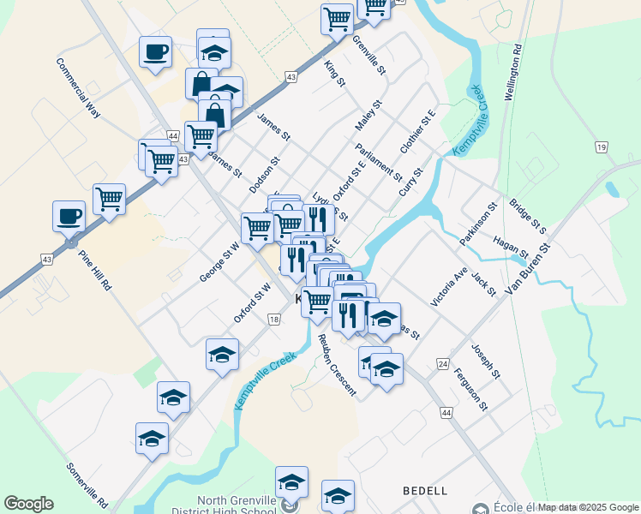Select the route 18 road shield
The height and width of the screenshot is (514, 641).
273,320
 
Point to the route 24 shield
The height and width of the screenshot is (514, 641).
443,363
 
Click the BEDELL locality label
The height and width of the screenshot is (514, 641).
425,491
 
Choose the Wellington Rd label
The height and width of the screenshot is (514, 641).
513,74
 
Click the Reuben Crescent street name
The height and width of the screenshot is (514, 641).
336,364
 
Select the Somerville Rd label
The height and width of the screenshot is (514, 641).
87,484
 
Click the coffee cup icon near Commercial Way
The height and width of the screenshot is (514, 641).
155,52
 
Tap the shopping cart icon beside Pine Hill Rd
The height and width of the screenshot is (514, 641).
109,199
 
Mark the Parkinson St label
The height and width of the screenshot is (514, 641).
477,224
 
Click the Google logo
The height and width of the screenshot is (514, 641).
28,504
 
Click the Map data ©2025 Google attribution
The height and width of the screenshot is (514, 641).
588,507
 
